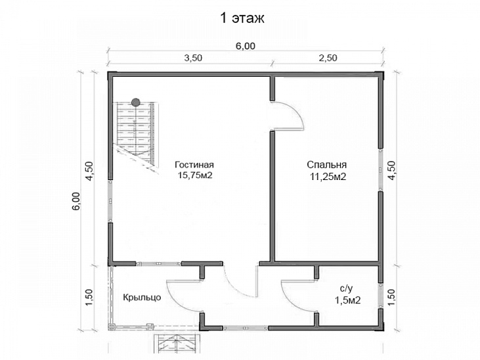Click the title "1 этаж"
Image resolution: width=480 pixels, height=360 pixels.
point(242,18)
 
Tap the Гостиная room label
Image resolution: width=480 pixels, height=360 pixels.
point(194,165)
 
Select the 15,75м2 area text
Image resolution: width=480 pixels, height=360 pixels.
point(195,175)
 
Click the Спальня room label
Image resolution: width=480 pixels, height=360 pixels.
point(326,165)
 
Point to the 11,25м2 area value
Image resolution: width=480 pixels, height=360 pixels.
point(328,177)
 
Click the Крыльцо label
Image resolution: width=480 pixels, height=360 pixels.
point(142,298)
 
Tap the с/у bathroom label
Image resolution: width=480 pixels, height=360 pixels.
point(346,288)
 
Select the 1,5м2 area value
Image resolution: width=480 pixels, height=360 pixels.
point(347,300)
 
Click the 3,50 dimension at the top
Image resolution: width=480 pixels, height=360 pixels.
point(193,58)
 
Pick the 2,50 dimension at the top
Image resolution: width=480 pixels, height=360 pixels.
point(328,58)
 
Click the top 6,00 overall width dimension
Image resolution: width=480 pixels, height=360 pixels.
point(246,46)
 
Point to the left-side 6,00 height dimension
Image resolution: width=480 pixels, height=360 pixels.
point(76,201)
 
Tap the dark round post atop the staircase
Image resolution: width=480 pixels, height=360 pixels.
point(136,102)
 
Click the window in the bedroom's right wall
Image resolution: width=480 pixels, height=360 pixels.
point(380,170)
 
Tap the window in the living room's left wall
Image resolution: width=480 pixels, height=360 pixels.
point(110,201)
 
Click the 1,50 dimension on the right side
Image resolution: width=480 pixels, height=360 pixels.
point(392,297)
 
